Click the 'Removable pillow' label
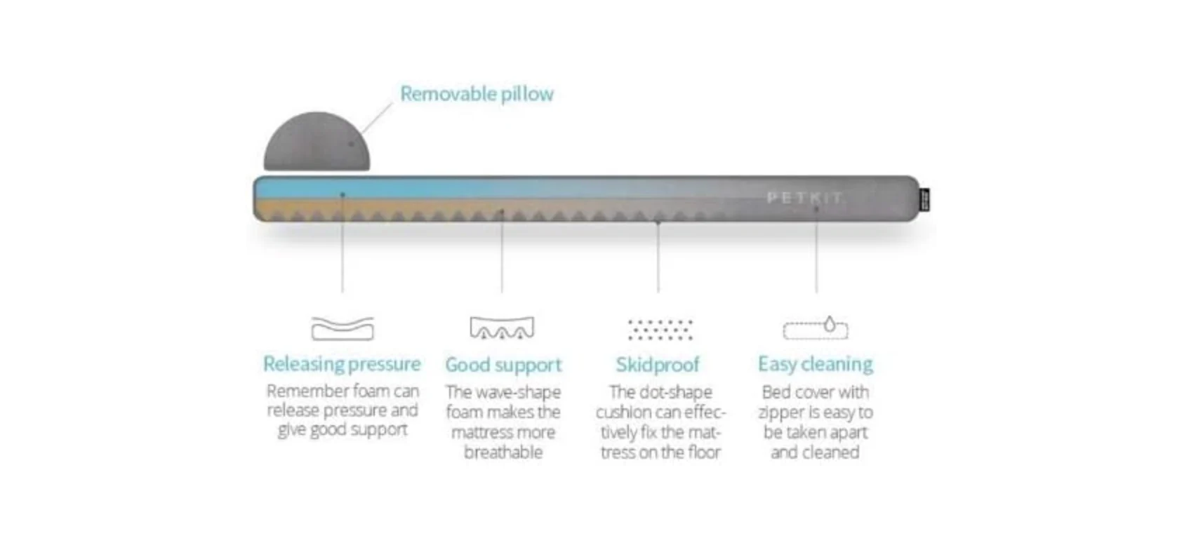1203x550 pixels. pyautogui.click(x=477, y=93)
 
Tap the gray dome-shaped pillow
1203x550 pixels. pyautogui.click(x=317, y=143)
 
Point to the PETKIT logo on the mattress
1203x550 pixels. pyautogui.click(x=804, y=197)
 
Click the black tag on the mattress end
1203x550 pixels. pyautogui.click(x=924, y=200)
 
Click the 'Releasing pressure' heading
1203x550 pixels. pyautogui.click(x=342, y=363)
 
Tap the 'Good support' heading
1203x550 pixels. pyautogui.click(x=503, y=365)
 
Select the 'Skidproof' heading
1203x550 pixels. pyautogui.click(x=658, y=364)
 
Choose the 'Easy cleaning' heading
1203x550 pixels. pyautogui.click(x=816, y=363)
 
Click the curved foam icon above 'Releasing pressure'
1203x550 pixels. pyautogui.click(x=343, y=328)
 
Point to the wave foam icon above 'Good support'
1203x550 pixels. pyautogui.click(x=502, y=328)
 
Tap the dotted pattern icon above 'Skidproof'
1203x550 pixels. pyautogui.click(x=660, y=329)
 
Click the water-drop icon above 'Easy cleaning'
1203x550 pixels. pyautogui.click(x=830, y=324)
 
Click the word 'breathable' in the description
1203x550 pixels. pyautogui.click(x=503, y=452)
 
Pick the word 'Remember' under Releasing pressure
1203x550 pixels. pyautogui.click(x=303, y=391)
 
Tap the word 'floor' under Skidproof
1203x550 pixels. pyautogui.click(x=704, y=452)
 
